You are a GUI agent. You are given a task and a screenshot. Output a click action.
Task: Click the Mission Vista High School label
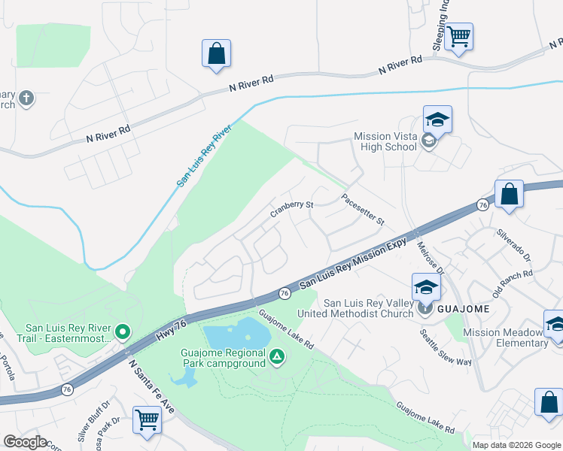point(385,141)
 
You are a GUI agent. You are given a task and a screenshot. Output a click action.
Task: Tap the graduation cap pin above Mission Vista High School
point(437,120)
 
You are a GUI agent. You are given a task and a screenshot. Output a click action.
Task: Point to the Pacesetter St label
point(362,210)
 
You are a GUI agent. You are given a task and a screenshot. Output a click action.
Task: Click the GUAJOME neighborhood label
point(464,309)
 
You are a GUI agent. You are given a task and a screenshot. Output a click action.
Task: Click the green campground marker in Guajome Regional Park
point(278,356)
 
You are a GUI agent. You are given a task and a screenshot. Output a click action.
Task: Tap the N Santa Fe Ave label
point(151,385)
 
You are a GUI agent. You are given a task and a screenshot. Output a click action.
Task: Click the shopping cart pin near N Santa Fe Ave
point(147,419)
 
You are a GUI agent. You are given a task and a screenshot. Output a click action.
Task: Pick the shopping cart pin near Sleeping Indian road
point(458,36)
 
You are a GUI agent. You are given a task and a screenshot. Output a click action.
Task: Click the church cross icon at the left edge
point(26,98)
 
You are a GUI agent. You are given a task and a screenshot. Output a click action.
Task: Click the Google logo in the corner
point(25,442)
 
